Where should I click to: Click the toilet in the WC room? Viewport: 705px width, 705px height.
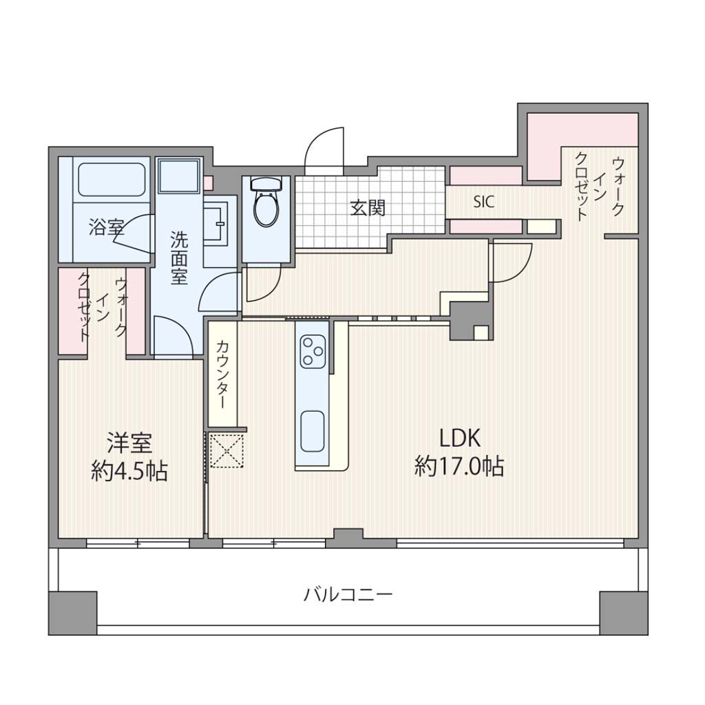266,202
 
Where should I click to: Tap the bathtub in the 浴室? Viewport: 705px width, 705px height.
112,179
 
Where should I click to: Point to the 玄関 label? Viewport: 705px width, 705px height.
368,208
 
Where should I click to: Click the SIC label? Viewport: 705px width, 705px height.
484,202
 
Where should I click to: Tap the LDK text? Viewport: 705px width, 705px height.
460,439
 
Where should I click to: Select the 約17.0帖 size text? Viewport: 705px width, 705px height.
459,466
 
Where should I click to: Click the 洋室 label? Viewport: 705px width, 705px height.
129,443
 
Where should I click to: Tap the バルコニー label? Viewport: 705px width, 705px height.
348,595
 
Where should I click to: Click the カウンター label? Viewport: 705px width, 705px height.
222,374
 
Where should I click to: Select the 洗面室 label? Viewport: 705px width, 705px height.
179,258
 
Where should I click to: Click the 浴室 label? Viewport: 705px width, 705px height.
107,227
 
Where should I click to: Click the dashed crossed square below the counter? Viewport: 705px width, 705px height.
227,451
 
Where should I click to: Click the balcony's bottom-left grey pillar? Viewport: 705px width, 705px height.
72,613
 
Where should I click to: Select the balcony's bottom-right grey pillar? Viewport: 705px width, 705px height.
624,613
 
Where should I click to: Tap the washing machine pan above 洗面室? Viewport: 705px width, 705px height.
179,176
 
